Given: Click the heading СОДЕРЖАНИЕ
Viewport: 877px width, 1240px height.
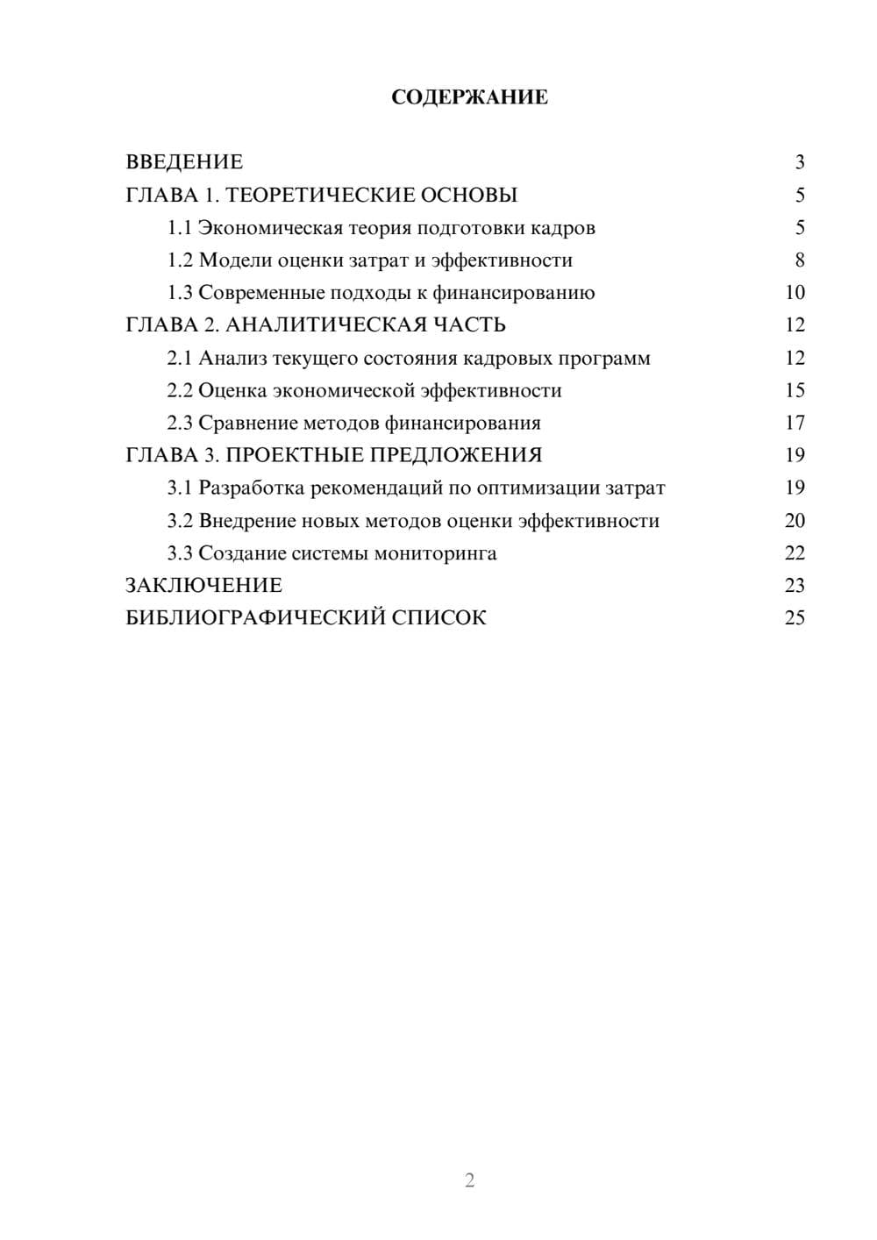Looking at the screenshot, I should [469, 97].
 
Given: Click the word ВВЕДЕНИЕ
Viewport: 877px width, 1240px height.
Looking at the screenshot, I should [184, 162].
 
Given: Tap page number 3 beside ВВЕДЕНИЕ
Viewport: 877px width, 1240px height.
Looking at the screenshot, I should [799, 162].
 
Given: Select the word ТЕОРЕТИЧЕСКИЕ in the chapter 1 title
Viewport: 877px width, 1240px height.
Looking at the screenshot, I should [320, 195].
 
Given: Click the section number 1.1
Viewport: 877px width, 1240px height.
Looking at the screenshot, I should [179, 228].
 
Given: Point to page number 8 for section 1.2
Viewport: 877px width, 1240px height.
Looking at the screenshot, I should [799, 260].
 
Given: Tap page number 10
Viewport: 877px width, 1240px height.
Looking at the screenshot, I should [795, 293].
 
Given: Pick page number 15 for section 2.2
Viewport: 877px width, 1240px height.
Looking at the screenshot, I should [795, 390].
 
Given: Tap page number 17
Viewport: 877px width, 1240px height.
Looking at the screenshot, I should [795, 423].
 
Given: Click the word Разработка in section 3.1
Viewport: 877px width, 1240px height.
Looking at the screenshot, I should [252, 488].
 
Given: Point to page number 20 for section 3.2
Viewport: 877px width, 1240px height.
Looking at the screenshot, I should [795, 521].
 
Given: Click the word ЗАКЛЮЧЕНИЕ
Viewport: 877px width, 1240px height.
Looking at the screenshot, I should [203, 586].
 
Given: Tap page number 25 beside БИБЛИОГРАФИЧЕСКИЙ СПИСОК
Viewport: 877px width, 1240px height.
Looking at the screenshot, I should [795, 618].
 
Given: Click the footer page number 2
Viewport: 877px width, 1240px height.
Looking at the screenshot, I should [469, 1180].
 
